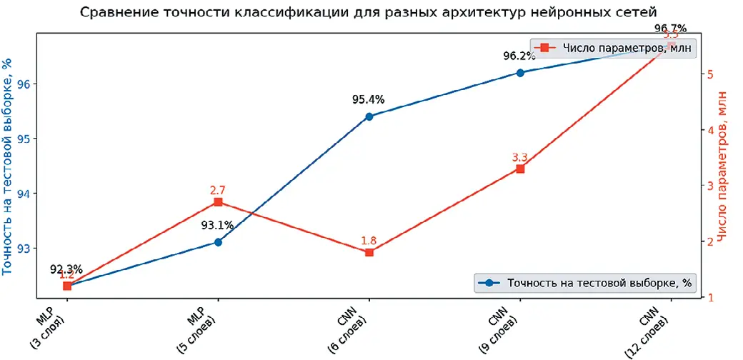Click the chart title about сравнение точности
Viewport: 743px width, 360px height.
point(368,13)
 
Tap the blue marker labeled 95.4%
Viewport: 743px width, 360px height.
point(369,116)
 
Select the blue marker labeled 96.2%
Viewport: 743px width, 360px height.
point(520,72)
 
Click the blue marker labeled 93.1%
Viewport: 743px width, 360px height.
point(218,242)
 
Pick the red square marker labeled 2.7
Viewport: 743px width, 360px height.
point(218,202)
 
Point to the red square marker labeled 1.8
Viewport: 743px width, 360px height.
point(369,252)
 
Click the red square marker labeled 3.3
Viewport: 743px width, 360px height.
point(520,169)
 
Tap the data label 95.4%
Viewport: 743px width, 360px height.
point(368,100)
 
